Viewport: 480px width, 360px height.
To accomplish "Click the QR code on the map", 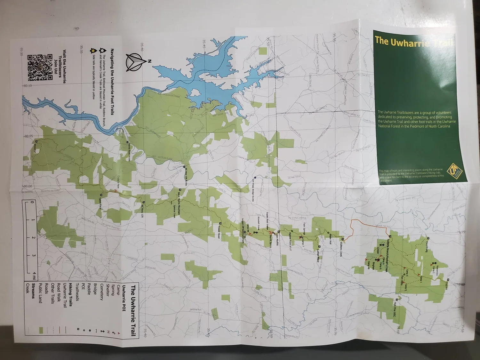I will tap(40, 68).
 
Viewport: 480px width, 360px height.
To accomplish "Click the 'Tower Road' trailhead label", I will tap(219, 230).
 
